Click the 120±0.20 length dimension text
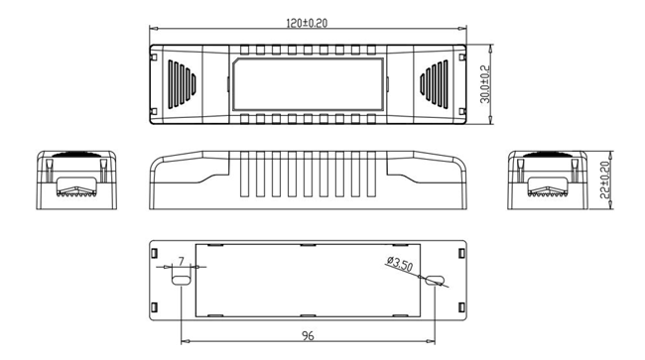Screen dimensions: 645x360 pos(307,23)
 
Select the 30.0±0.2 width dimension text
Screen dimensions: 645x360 pos(486,84)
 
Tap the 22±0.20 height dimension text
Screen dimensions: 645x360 pos(604,180)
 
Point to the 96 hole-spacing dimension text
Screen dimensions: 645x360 pos(308,336)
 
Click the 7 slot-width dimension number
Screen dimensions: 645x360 pos(182,262)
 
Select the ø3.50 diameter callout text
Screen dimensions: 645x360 pos(400,264)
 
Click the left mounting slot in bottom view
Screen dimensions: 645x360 pos(181,281)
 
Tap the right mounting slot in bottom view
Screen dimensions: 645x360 pos(435,281)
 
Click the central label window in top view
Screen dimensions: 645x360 pos(308,84)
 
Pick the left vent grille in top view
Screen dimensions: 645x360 pos(182,84)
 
